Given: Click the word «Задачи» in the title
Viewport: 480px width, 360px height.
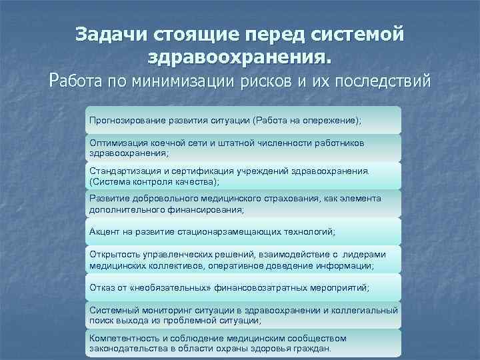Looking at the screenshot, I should [x=112, y=33].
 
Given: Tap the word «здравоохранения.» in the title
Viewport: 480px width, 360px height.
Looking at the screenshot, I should [x=239, y=57].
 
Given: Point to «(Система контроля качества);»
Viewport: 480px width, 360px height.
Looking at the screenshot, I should [x=153, y=181].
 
